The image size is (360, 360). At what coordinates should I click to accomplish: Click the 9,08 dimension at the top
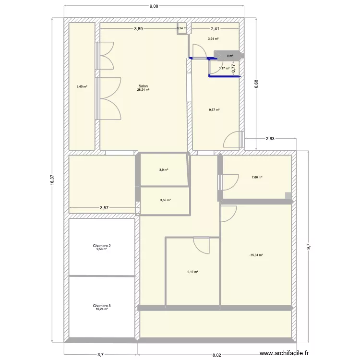tap(154, 6)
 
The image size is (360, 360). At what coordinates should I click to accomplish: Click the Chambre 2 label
tap(102, 245)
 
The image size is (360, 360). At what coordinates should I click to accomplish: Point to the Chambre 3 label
tap(102, 306)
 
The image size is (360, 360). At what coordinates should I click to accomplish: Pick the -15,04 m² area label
tap(256, 255)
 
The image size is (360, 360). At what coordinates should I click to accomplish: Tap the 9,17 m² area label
tap(192, 272)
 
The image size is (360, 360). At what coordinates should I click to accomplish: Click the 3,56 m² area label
tap(165, 200)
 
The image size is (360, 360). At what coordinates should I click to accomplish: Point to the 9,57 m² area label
tap(214, 110)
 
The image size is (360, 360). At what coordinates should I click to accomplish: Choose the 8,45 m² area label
tap(82, 87)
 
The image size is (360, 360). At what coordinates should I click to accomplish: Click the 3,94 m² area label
tap(213, 39)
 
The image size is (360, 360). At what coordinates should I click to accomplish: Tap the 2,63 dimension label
tap(270, 139)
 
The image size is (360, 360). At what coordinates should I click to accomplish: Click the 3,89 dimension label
tap(138, 29)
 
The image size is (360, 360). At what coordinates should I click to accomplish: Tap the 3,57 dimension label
tap(104, 208)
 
